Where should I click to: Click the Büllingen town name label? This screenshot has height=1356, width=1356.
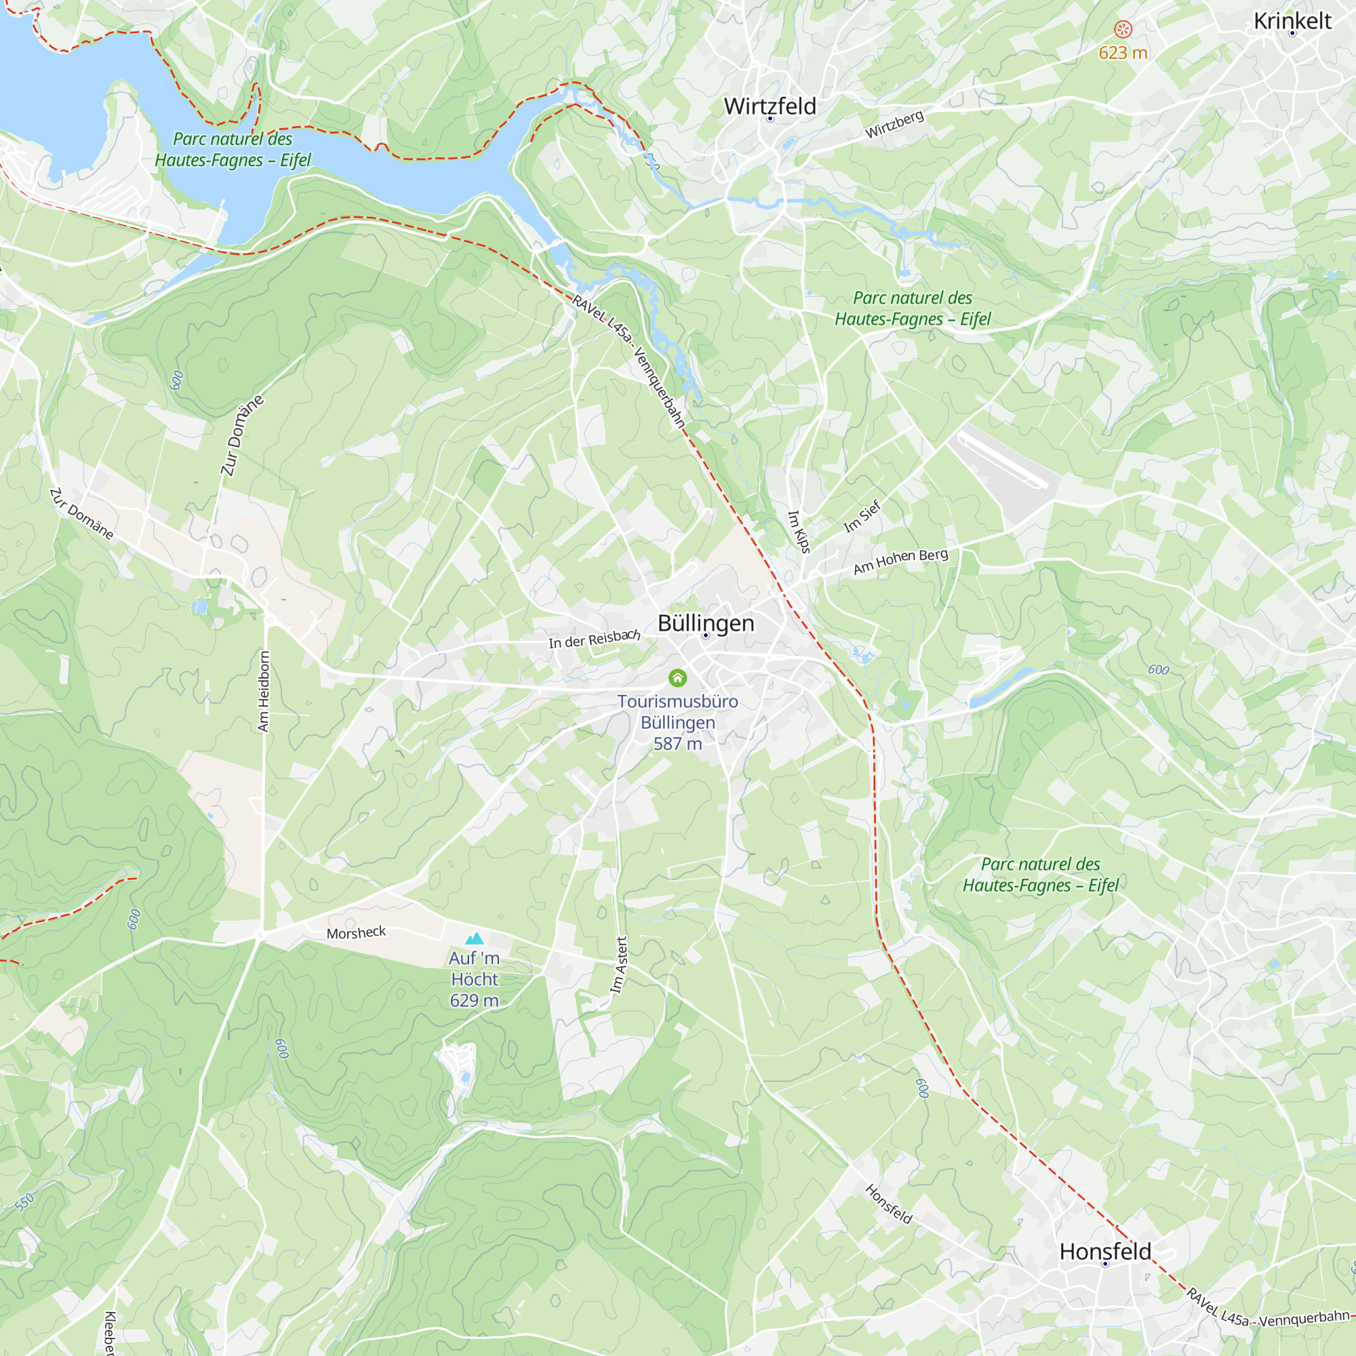[x=705, y=622]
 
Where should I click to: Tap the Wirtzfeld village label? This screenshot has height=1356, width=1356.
[x=770, y=106]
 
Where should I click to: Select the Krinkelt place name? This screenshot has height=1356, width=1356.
[x=1292, y=21]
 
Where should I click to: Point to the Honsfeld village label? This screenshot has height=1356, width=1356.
[x=1104, y=1252]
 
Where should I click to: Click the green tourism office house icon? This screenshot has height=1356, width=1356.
[x=677, y=678]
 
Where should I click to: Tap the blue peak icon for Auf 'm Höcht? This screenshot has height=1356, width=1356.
[x=475, y=938]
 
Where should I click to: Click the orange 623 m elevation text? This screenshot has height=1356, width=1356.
[x=1123, y=53]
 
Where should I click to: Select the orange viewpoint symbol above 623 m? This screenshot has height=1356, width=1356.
[x=1123, y=28]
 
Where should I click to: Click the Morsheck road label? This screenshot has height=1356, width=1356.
[x=356, y=933]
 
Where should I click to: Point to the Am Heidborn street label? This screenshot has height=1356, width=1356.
[x=264, y=692]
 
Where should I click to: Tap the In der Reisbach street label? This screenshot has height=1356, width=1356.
[x=595, y=639]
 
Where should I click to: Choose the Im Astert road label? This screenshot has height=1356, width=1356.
[x=619, y=965]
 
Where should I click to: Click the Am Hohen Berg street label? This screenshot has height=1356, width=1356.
[x=900, y=561]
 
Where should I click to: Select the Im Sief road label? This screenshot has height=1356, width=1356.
[x=862, y=516]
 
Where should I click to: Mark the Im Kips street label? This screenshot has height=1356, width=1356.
[x=799, y=532]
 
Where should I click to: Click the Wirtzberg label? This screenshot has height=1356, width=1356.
[x=894, y=124]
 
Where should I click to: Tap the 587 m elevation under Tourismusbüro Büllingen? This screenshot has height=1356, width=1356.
[x=677, y=744]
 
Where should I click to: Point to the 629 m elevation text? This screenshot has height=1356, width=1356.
[x=475, y=1001]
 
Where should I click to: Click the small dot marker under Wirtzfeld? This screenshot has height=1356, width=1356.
[x=770, y=119]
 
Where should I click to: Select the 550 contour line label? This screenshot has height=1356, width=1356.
[x=24, y=1203]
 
